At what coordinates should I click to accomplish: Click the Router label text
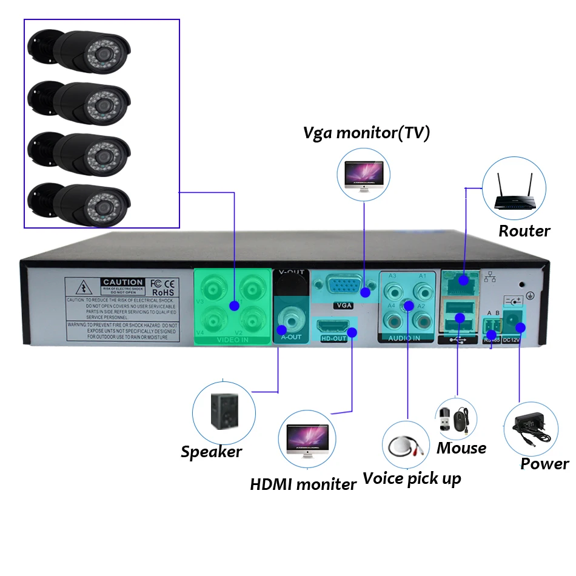524,231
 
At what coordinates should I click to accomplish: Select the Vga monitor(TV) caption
366,133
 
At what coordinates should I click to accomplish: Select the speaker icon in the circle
224,412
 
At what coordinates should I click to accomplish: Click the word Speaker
212,452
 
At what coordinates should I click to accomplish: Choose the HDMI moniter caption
303,484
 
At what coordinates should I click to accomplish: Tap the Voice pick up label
412,478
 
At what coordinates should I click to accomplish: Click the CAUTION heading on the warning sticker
123,282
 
